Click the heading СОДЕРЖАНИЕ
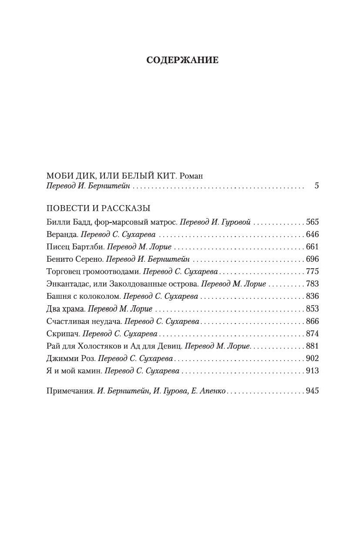[182, 61]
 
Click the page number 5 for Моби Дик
[316, 186]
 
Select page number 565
[312, 222]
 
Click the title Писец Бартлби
[73, 246]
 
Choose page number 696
[312, 259]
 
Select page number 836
[312, 296]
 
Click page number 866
[312, 321]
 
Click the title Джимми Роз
[70, 359]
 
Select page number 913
[312, 371]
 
